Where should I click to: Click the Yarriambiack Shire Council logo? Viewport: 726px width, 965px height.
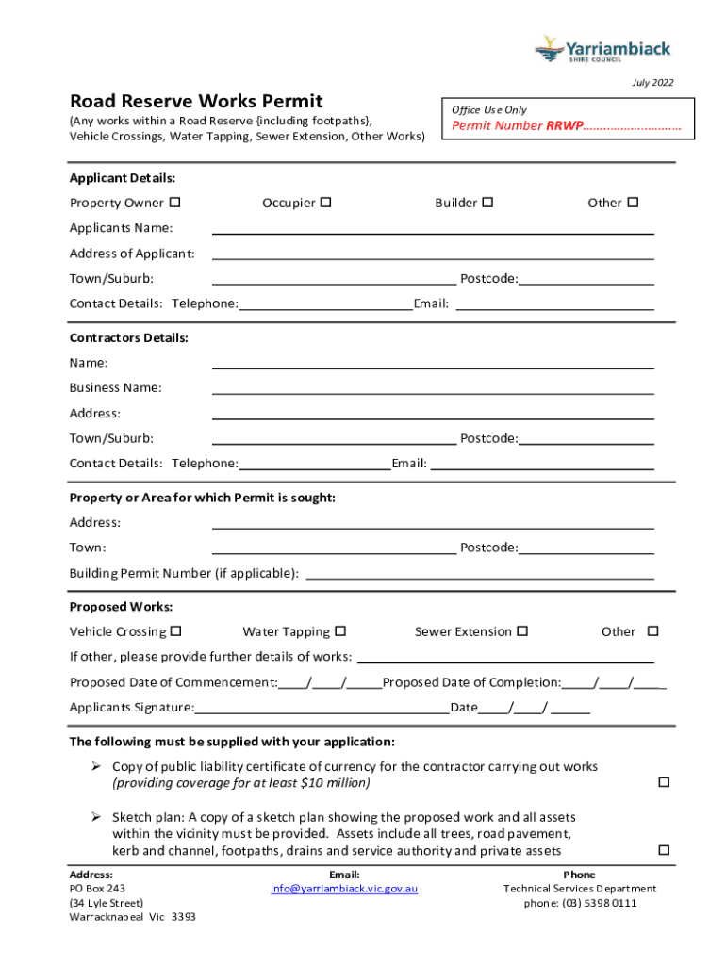click(x=602, y=49)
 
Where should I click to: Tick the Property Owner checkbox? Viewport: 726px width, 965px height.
click(x=174, y=203)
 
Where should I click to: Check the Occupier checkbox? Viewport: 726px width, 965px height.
click(x=326, y=203)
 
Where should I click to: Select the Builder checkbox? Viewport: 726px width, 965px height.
click(x=487, y=203)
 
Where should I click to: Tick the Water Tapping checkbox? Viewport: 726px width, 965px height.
click(x=340, y=631)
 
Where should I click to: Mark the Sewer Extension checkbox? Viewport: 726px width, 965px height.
click(x=522, y=631)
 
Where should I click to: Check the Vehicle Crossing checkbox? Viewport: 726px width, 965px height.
click(x=176, y=631)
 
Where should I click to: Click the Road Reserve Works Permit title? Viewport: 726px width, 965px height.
click(x=196, y=101)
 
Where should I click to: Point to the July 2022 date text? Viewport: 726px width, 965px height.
click(x=652, y=83)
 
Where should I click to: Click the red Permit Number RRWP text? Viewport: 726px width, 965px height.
click(x=566, y=126)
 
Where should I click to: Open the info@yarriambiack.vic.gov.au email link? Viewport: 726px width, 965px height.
click(x=344, y=889)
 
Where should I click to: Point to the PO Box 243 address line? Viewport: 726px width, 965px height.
click(x=97, y=889)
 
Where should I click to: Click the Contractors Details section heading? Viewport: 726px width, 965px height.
click(x=129, y=337)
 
